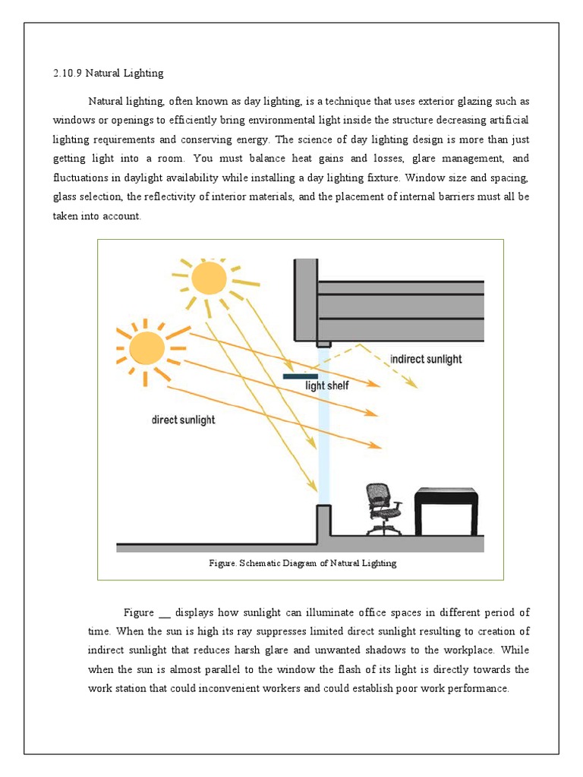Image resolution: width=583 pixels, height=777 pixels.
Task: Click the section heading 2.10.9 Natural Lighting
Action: click(x=108, y=74)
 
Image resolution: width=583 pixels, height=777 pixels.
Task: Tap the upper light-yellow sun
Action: click(x=208, y=278)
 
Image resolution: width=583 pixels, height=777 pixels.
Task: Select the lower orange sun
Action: click(x=147, y=348)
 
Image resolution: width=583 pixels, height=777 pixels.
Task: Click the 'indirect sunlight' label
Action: click(x=425, y=359)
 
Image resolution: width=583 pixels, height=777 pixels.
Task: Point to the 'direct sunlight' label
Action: click(x=183, y=420)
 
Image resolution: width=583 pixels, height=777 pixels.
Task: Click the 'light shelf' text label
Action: click(x=327, y=385)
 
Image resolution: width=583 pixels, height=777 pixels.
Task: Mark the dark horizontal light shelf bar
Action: click(x=301, y=376)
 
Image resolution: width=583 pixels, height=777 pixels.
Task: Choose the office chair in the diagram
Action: click(x=382, y=508)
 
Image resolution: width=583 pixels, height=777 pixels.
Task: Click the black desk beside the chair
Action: click(x=446, y=507)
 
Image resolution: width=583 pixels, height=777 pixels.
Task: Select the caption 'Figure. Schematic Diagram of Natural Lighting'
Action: click(x=302, y=563)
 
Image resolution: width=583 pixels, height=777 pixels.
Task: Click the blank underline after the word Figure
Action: click(x=165, y=613)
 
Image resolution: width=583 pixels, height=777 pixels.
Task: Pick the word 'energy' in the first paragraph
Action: click(x=254, y=140)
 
